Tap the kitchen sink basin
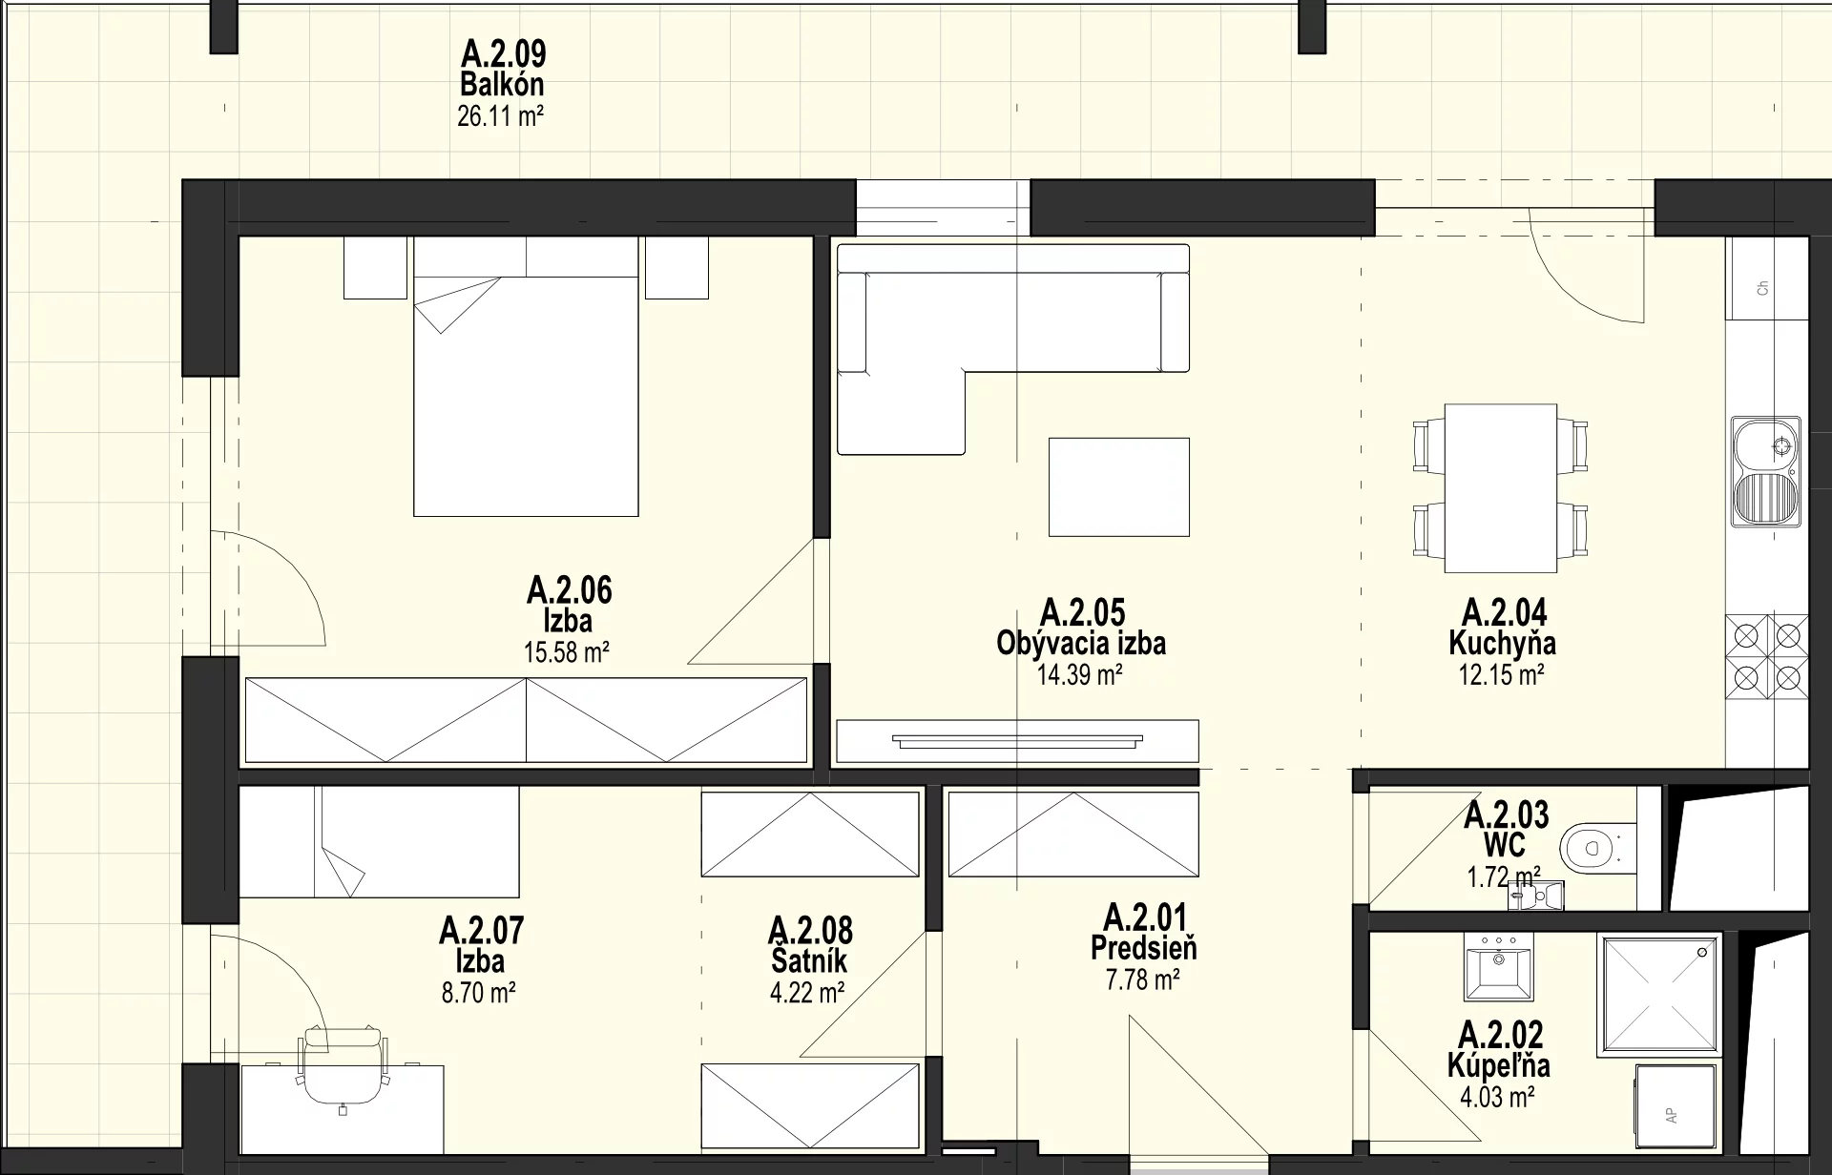coord(1767,472)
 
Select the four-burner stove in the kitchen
coord(1767,657)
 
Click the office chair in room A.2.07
coord(343,1065)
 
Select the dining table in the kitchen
coord(1501,488)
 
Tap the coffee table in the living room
coord(1119,486)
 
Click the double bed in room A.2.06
coord(526,377)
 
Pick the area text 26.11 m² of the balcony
coord(501,116)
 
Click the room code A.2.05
coord(1082,611)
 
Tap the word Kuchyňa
coord(1502,643)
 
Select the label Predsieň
coord(1143,948)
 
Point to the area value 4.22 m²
coord(807,993)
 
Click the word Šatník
coord(809,961)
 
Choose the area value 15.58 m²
coord(567,652)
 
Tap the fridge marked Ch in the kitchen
coord(1766,278)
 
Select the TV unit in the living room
coord(1017,741)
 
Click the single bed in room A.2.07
coord(379,842)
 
